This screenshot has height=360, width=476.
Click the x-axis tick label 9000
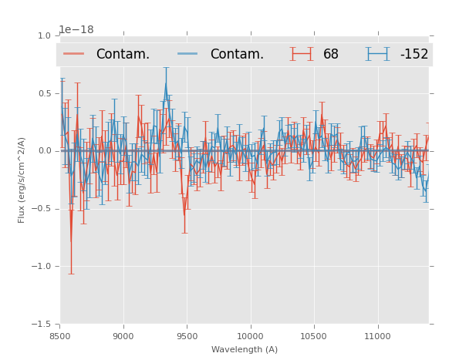click(x=123, y=337)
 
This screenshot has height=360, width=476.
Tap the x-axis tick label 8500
click(x=60, y=337)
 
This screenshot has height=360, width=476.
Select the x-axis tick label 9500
click(x=187, y=337)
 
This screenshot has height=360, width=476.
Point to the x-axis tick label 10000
click(x=250, y=337)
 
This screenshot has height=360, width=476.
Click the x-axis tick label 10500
click(x=313, y=337)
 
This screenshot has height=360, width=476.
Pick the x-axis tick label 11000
click(x=376, y=337)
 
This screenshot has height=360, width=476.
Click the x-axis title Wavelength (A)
click(x=245, y=350)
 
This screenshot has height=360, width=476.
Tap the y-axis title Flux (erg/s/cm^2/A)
click(x=22, y=180)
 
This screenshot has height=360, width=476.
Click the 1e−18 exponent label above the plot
click(x=76, y=30)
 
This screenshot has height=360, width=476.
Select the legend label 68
click(x=331, y=54)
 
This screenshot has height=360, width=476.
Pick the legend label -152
click(x=414, y=54)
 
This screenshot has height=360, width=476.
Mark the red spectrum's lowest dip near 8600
click(x=71, y=242)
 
